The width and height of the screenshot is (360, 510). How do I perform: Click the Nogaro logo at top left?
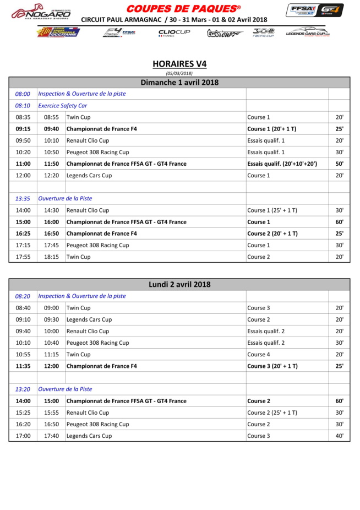41,13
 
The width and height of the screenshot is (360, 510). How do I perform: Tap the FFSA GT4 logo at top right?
314,10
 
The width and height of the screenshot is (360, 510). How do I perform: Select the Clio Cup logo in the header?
174,33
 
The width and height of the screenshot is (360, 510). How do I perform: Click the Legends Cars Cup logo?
308,33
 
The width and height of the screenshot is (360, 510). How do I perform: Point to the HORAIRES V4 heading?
179,64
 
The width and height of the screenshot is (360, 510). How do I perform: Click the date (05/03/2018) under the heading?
179,73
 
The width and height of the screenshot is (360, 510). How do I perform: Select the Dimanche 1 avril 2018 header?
179,83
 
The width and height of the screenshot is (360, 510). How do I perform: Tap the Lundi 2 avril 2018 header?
179,285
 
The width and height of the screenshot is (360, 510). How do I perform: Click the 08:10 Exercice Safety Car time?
23,106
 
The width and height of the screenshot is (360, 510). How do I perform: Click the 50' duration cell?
340,164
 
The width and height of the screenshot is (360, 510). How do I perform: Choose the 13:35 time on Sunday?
23,198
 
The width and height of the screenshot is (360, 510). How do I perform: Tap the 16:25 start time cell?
23,234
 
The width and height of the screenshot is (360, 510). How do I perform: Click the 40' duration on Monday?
340,436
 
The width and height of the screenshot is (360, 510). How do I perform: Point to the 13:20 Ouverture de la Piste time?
23,389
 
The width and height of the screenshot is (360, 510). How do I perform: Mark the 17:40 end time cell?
51,436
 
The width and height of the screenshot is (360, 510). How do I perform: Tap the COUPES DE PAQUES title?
183,9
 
